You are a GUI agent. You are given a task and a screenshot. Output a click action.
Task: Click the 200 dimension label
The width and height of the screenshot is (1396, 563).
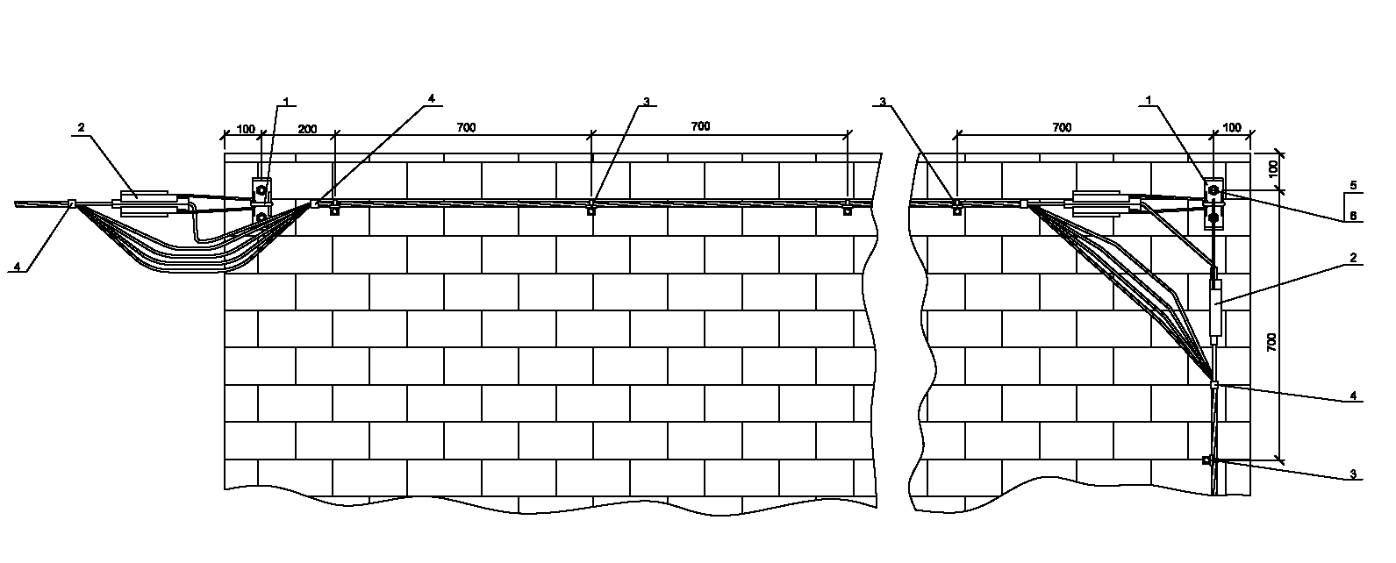coord(307,130)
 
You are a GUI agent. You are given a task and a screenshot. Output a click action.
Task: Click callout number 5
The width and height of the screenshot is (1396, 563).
coord(1353,185)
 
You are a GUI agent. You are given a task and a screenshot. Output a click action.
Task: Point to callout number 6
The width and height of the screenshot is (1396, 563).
coord(1353,215)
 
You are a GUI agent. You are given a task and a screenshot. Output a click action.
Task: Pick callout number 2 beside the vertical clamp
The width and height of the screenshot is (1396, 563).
coord(1353,258)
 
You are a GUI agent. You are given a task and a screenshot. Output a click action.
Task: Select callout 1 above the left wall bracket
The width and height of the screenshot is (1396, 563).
coord(283,101)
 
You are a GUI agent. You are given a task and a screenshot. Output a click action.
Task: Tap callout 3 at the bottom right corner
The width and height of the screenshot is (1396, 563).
coord(1353,474)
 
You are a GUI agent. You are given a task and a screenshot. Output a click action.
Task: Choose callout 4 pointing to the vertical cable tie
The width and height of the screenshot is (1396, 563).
coord(1353,396)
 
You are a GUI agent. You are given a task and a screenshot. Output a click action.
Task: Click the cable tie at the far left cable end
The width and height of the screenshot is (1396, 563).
coord(72,204)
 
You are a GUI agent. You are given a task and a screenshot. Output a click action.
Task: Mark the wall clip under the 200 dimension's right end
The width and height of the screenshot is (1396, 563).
coord(334,209)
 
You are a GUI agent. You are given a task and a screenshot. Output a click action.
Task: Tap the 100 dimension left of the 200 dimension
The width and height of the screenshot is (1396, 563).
coord(247,130)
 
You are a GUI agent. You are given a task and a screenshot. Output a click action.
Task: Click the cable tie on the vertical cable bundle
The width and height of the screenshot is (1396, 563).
coord(1214,385)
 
